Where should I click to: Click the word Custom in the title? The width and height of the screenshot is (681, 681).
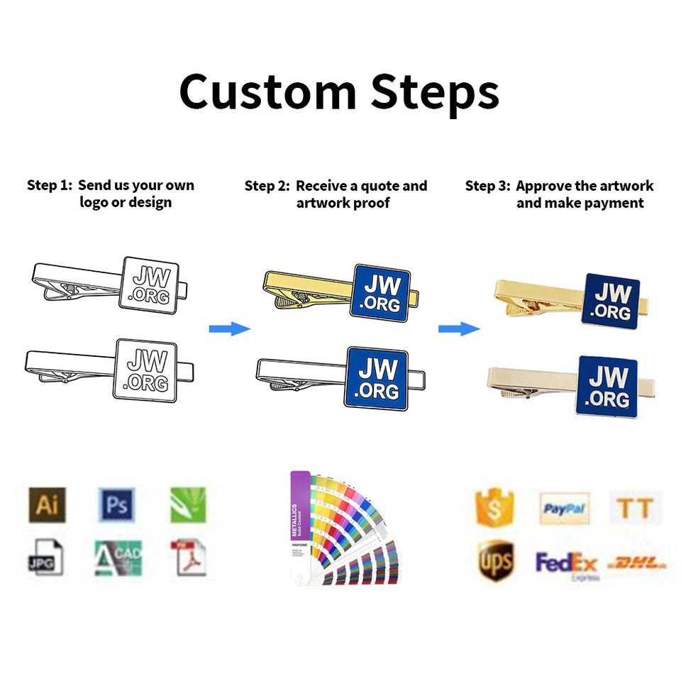click(269, 92)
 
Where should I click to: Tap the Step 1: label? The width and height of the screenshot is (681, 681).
click(50, 186)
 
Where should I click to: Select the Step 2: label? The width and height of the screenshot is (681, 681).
click(267, 187)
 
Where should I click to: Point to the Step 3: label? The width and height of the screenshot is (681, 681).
click(488, 187)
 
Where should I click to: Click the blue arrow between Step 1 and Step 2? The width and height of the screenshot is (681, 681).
click(230, 328)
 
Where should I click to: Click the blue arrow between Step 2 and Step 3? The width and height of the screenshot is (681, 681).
click(459, 328)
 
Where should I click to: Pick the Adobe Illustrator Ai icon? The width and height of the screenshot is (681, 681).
click(47, 505)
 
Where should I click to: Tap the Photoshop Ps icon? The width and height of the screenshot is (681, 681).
click(116, 505)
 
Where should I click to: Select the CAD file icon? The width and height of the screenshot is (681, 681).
click(118, 558)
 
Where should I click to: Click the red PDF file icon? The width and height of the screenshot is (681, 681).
click(188, 558)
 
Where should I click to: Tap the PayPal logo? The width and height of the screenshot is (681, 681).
click(565, 509)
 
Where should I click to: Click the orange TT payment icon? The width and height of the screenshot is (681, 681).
click(634, 508)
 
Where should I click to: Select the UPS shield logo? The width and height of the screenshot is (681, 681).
click(495, 560)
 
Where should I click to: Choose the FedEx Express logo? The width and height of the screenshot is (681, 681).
click(567, 565)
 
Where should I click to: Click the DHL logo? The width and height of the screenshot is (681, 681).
click(638, 564)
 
